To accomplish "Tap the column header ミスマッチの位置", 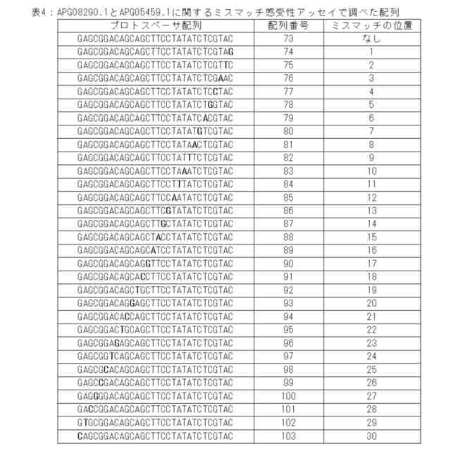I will (x=372, y=25).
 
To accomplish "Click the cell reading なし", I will (x=372, y=39).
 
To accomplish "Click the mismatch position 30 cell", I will (x=372, y=435).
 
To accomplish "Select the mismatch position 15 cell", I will (x=372, y=236).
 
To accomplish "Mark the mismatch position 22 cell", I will (x=372, y=328).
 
